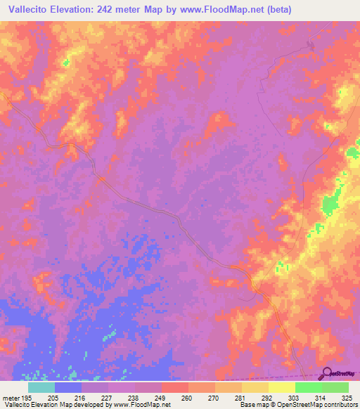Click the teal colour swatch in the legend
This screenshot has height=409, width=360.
[x=41, y=387]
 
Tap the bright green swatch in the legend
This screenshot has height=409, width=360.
[x=308, y=387]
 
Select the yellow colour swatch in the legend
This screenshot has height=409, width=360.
[x=281, y=387]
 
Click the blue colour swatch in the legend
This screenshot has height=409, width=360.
[x=68, y=387]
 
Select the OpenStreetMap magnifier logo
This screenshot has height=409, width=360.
[x=326, y=372]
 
